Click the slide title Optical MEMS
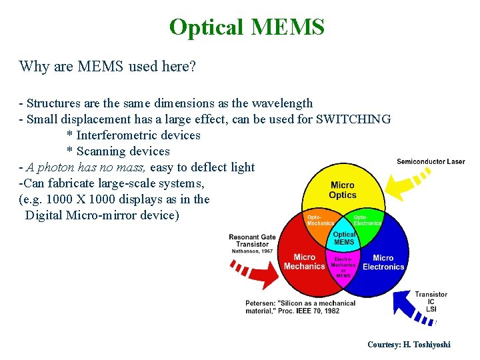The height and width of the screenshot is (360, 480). [x=247, y=27]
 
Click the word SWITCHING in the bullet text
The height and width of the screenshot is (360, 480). [x=353, y=119]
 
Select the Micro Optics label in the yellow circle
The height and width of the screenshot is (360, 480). [x=343, y=190]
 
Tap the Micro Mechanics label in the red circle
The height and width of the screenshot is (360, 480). [x=304, y=262]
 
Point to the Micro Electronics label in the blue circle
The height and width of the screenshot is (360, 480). [x=383, y=262]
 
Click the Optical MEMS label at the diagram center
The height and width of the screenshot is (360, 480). [x=344, y=238]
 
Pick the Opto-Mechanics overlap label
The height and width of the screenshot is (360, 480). [x=320, y=220]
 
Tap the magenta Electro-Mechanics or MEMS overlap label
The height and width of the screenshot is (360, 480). [x=343, y=265]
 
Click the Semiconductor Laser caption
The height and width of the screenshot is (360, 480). [x=431, y=161]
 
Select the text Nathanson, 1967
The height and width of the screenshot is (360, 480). [x=251, y=251]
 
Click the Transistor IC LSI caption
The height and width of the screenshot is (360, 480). [x=431, y=302]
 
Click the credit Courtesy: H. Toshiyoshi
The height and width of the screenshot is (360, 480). [x=409, y=345]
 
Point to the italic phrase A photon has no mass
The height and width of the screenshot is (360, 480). [x=87, y=167]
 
